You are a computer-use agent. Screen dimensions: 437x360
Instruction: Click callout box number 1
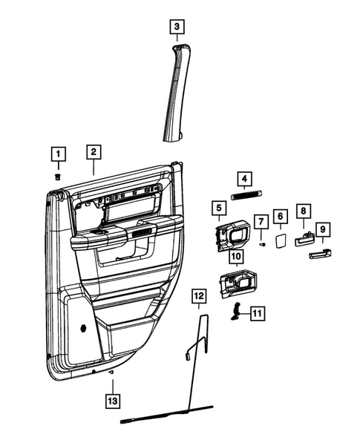[57, 155]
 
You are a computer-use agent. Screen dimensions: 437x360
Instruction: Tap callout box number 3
[175, 29]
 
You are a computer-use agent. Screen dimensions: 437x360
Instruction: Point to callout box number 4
[243, 179]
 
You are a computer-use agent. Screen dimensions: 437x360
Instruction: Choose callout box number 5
[219, 208]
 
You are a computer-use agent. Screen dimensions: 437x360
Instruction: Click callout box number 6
[281, 216]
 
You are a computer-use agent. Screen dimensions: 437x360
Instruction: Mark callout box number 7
[261, 222]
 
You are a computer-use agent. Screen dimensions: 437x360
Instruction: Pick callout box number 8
[303, 211]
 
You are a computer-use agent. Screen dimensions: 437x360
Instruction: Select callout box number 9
[323, 229]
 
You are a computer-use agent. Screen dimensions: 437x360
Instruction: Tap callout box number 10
[235, 257]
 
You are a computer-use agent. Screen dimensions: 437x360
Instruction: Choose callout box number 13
[112, 401]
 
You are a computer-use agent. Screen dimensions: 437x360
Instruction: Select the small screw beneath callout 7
[262, 243]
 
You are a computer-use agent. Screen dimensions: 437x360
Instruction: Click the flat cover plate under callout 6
[281, 239]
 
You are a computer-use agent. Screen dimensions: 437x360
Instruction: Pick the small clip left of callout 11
[238, 312]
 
